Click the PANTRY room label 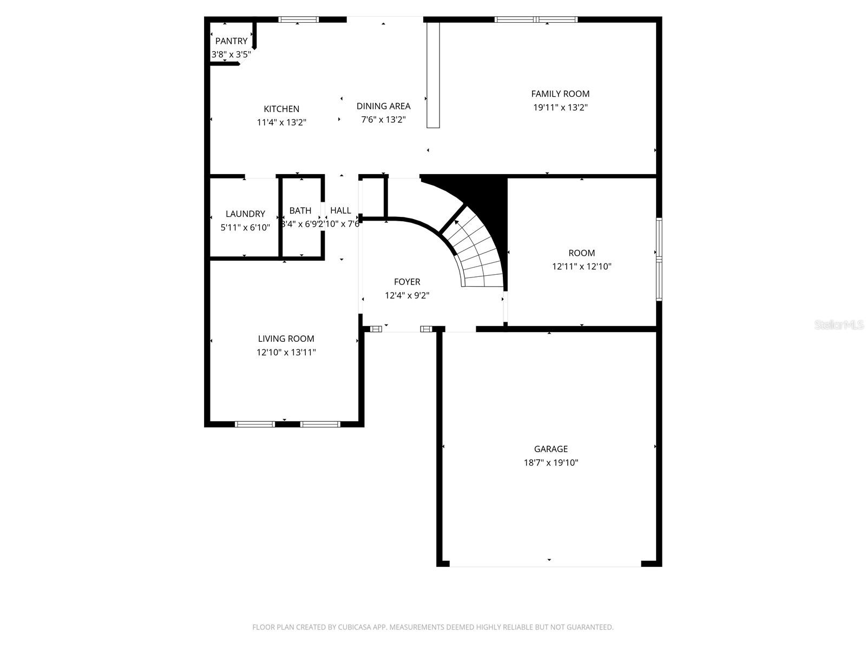tap(231, 41)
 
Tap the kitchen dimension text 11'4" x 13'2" tap(281, 122)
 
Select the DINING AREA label tap(383, 106)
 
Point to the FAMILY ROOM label tap(560, 94)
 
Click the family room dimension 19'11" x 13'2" tap(560, 107)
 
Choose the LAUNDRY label tap(245, 214)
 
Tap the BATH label tap(300, 210)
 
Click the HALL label tap(340, 210)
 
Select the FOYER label tap(406, 282)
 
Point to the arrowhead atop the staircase tap(457, 222)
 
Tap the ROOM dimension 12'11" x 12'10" tap(581, 266)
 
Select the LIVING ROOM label tap(286, 339)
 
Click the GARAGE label tap(550, 449)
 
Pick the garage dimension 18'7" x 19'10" tap(550, 462)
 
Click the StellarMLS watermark tap(838, 325)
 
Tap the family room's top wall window tap(536, 20)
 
